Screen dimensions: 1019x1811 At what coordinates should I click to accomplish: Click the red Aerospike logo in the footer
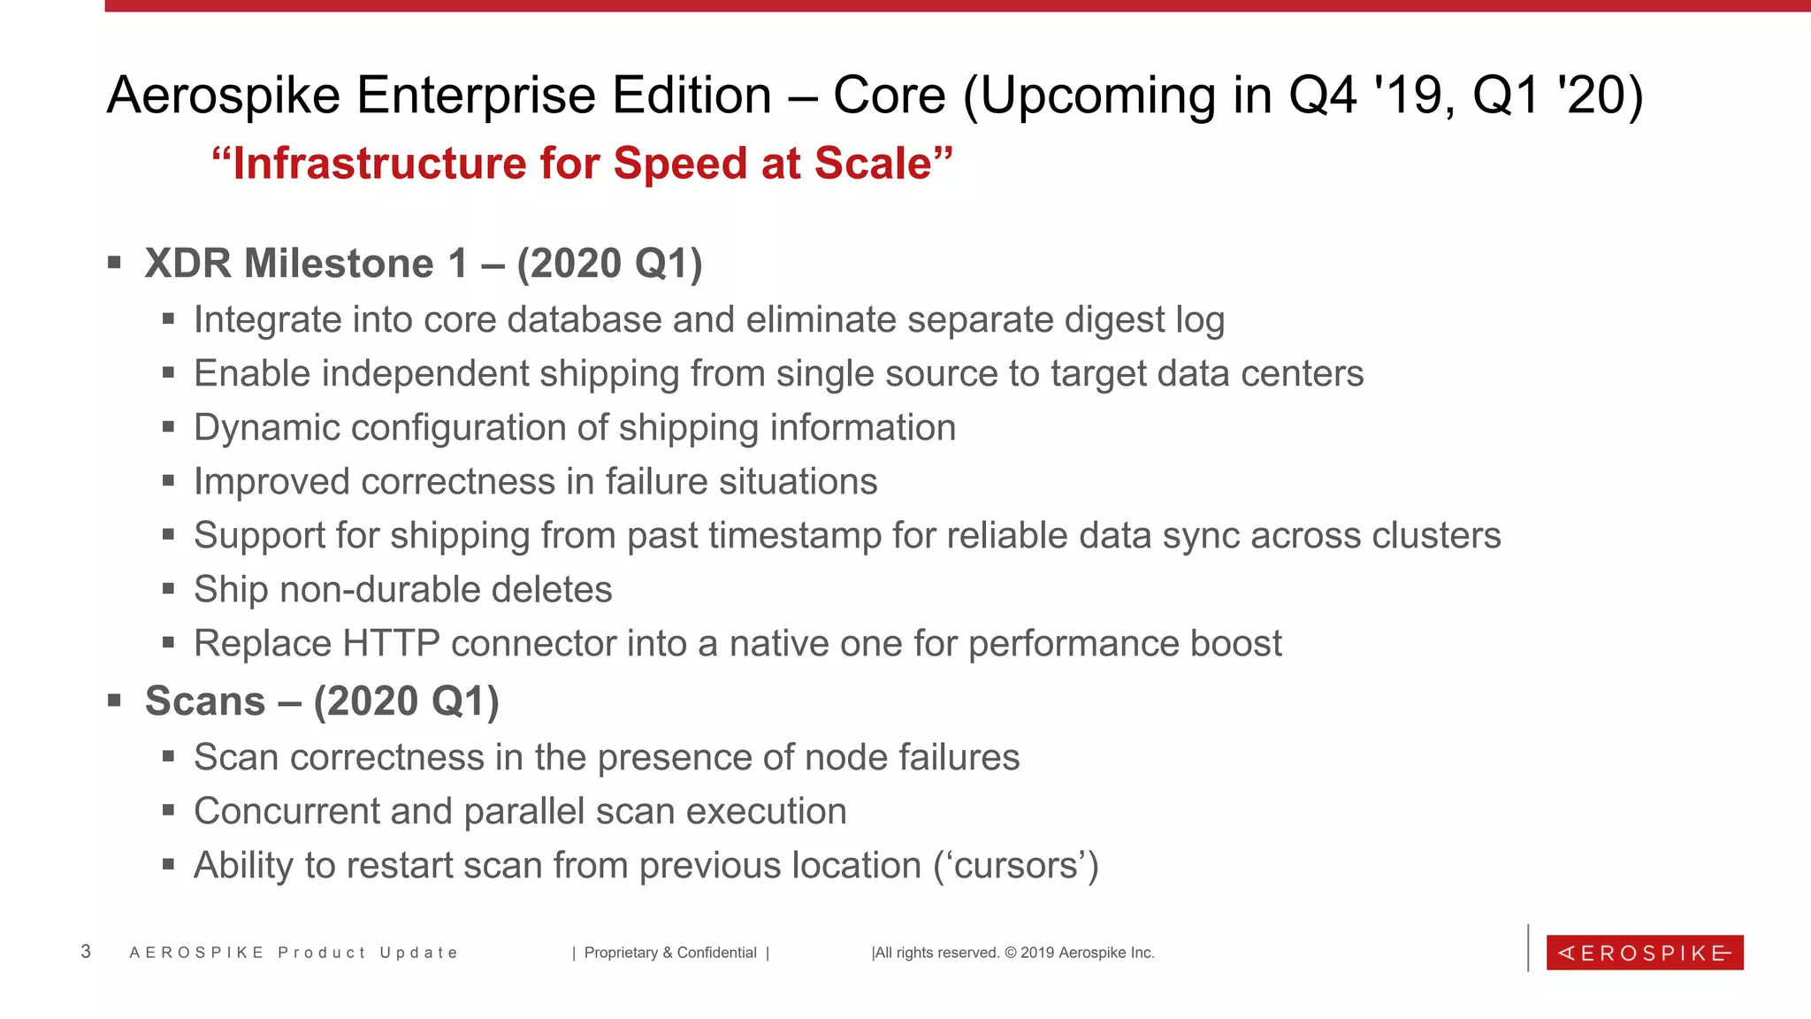pos(1644,953)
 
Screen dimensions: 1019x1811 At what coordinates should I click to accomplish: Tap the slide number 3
pos(86,952)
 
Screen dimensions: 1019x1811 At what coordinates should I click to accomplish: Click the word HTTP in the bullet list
pos(391,643)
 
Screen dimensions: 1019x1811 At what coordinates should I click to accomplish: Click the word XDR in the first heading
pos(187,264)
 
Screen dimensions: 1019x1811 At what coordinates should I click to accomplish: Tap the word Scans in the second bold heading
pos(205,701)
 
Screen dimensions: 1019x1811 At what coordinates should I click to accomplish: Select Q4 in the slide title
pos(1322,95)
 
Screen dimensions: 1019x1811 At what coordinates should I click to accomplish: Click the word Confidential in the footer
pos(716,953)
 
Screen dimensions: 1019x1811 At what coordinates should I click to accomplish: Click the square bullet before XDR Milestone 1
pos(114,263)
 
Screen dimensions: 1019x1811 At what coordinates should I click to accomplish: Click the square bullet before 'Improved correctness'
pos(168,481)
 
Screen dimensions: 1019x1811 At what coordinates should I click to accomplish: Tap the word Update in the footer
pos(418,953)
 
